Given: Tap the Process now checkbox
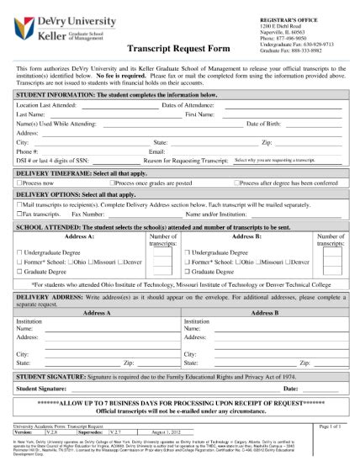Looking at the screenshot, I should click(19, 183).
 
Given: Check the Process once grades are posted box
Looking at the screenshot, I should click(114, 183).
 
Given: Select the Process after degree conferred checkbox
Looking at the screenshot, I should click(237, 183).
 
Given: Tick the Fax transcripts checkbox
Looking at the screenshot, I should click(19, 214).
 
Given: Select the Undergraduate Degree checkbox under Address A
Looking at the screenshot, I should click(19, 252).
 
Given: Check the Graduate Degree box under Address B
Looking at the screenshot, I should click(188, 273).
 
